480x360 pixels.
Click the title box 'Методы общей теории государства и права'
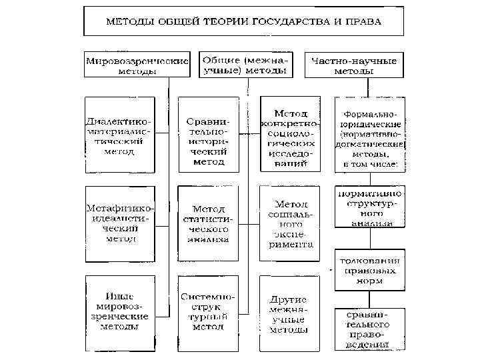243,21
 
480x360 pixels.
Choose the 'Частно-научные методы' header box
355,65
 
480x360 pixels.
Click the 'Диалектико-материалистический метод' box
119,137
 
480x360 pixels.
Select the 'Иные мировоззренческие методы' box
121,311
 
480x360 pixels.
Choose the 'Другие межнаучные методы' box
289,311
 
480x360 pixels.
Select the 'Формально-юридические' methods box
369,135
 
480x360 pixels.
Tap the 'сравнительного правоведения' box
369,328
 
